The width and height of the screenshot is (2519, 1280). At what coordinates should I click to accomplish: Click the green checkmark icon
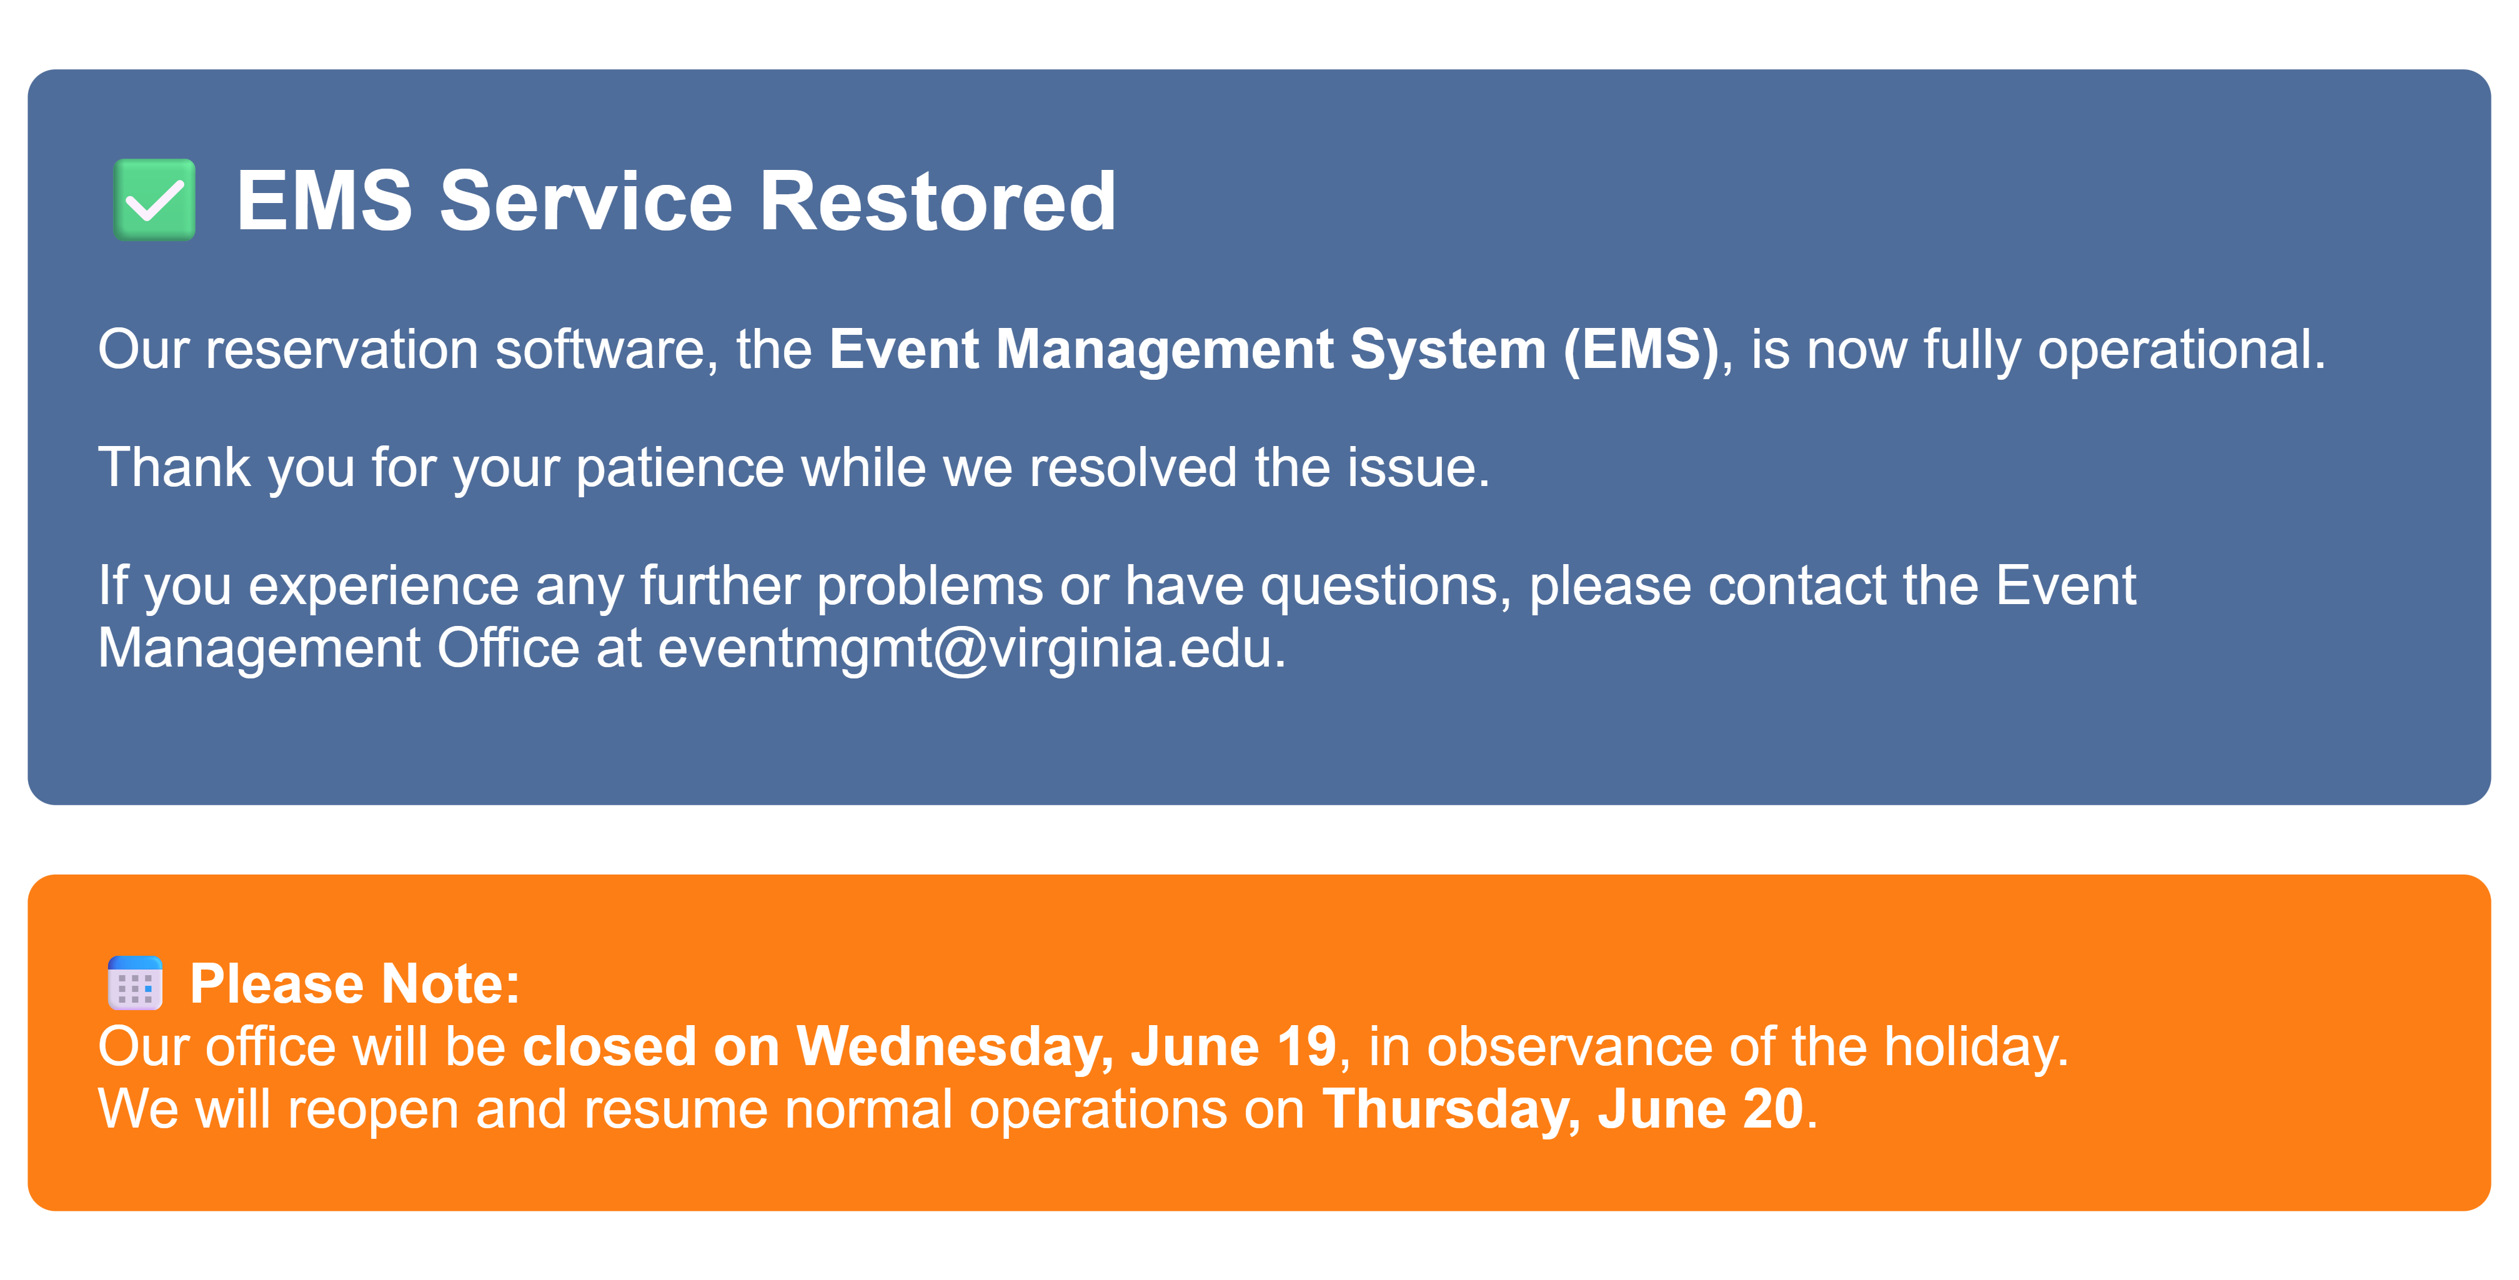pos(154,199)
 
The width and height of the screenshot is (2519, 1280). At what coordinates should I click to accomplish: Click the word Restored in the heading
pos(938,201)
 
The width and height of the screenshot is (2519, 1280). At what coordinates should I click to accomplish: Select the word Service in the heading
pos(586,201)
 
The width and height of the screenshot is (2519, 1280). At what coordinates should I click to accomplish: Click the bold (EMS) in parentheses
pos(1641,350)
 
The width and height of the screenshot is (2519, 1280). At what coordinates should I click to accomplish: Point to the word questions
pos(1379,587)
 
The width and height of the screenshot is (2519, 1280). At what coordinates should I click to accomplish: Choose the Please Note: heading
pos(355,984)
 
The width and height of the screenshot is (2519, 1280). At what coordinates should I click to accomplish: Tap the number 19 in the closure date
pos(1306,1046)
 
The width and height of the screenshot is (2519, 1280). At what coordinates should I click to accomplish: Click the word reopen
pos(372,1111)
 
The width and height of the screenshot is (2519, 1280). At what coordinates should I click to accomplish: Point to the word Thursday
pos(1444,1111)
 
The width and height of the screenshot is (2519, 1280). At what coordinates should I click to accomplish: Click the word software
pos(599,349)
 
